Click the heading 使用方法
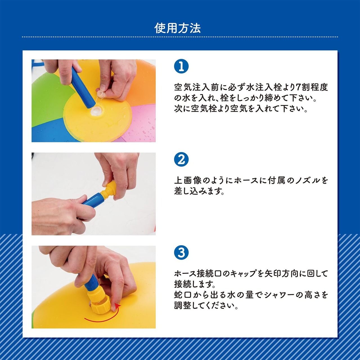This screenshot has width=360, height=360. (177, 28)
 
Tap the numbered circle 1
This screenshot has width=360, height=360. (181, 66)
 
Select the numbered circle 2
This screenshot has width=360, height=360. (181, 159)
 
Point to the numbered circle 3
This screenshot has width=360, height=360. (181, 253)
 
